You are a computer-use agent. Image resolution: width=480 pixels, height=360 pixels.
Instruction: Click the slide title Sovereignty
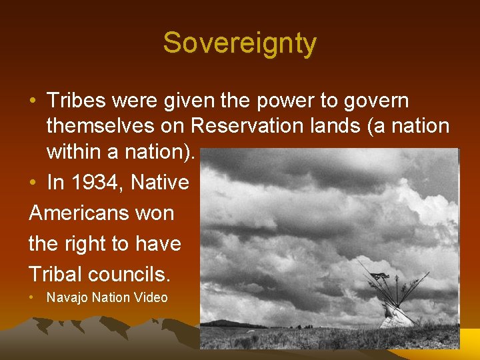(240, 44)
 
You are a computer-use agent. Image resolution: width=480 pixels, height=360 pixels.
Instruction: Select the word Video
(151, 298)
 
